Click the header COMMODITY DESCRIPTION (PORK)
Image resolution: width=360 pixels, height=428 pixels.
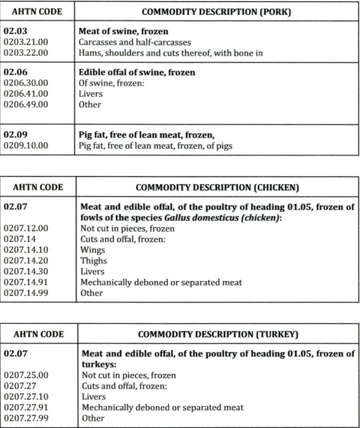(216, 11)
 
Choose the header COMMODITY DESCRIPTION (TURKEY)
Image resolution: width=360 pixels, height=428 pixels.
(216, 334)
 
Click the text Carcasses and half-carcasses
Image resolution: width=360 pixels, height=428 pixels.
(132, 42)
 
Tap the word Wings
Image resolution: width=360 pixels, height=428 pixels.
(92, 250)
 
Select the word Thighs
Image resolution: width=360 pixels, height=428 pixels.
(93, 261)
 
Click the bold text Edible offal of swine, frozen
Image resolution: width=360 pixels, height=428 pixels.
(137, 73)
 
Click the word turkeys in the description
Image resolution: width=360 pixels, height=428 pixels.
(97, 365)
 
